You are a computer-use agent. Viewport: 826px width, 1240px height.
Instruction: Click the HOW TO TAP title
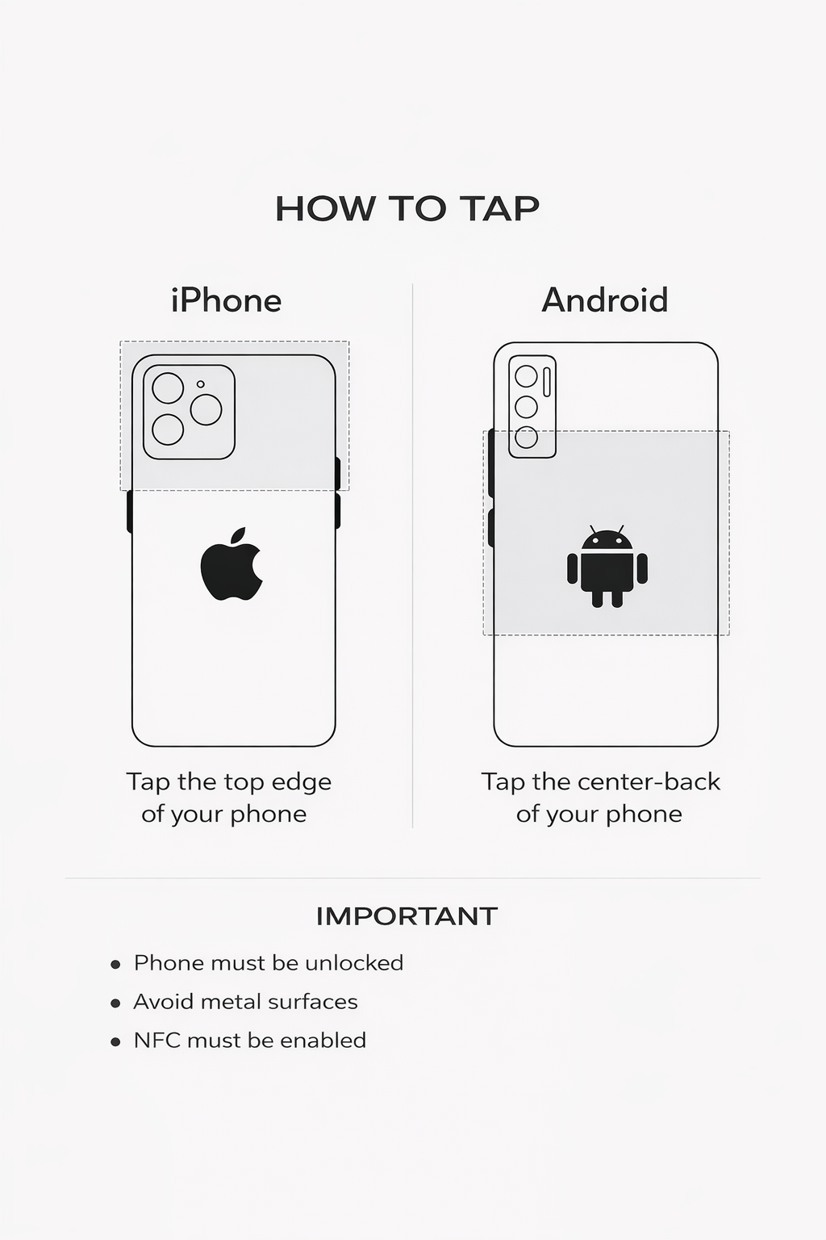tap(407, 209)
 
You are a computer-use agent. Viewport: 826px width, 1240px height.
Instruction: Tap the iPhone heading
tap(227, 300)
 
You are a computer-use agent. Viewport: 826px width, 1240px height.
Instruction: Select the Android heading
tap(605, 300)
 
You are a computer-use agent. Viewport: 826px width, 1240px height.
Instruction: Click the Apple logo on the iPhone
tap(232, 563)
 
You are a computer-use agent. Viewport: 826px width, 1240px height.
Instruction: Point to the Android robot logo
tap(607, 566)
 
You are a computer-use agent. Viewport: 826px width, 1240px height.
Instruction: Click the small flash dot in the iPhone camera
tap(200, 384)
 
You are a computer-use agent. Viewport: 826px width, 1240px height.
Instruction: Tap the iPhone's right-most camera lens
tap(206, 409)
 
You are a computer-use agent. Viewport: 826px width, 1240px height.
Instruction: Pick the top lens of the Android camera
tap(526, 376)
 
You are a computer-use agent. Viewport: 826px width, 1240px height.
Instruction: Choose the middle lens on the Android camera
tap(526, 408)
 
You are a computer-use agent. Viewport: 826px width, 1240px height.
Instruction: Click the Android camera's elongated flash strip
tap(547, 382)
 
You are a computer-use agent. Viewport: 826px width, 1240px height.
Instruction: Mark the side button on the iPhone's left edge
tap(129, 512)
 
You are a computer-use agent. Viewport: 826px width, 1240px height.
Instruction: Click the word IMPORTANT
tap(407, 917)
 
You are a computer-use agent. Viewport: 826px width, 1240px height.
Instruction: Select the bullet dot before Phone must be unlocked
tap(115, 965)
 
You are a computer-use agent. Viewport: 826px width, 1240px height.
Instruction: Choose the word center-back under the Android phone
tap(649, 782)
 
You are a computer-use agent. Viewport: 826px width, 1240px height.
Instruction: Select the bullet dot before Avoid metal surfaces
tap(115, 1003)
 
